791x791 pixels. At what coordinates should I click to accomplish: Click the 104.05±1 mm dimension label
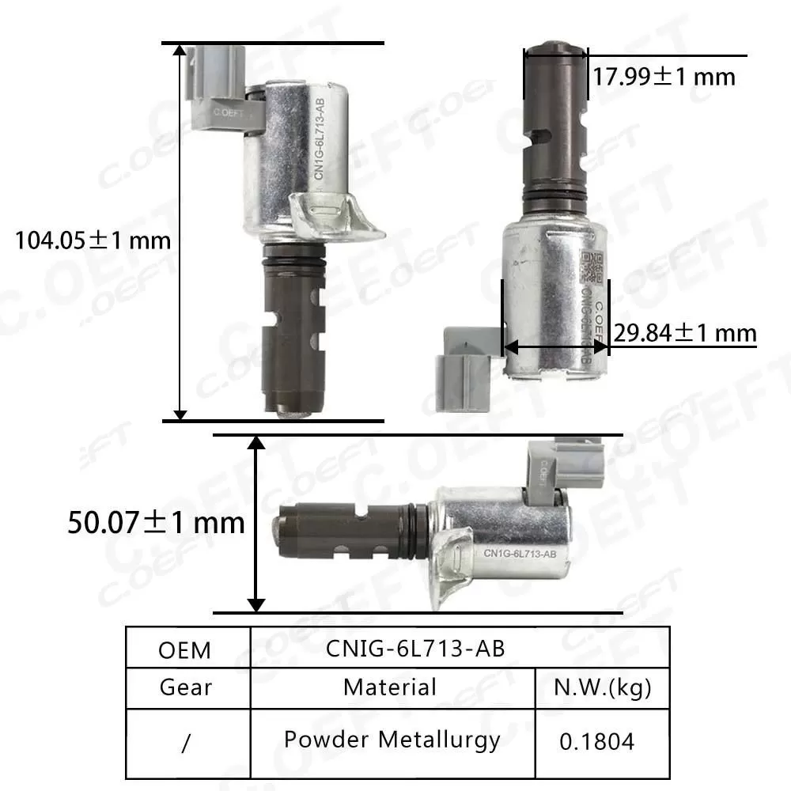pos(93,240)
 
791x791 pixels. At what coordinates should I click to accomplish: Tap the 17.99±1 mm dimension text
pos(664,76)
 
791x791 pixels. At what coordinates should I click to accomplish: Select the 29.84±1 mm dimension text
pos(686,334)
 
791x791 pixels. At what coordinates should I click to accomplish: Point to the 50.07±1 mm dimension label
pos(156,522)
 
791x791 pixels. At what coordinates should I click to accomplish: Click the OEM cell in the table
pos(185,649)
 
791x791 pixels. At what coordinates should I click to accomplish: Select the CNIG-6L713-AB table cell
pos(415,647)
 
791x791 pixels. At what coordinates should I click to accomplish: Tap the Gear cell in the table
pos(186,687)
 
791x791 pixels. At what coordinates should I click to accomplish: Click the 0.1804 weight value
pos(597,741)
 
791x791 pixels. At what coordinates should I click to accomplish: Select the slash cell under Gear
pos(186,742)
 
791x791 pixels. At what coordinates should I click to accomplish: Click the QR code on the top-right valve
pos(591,266)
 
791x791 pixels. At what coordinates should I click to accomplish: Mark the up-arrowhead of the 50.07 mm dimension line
pos(255,443)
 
